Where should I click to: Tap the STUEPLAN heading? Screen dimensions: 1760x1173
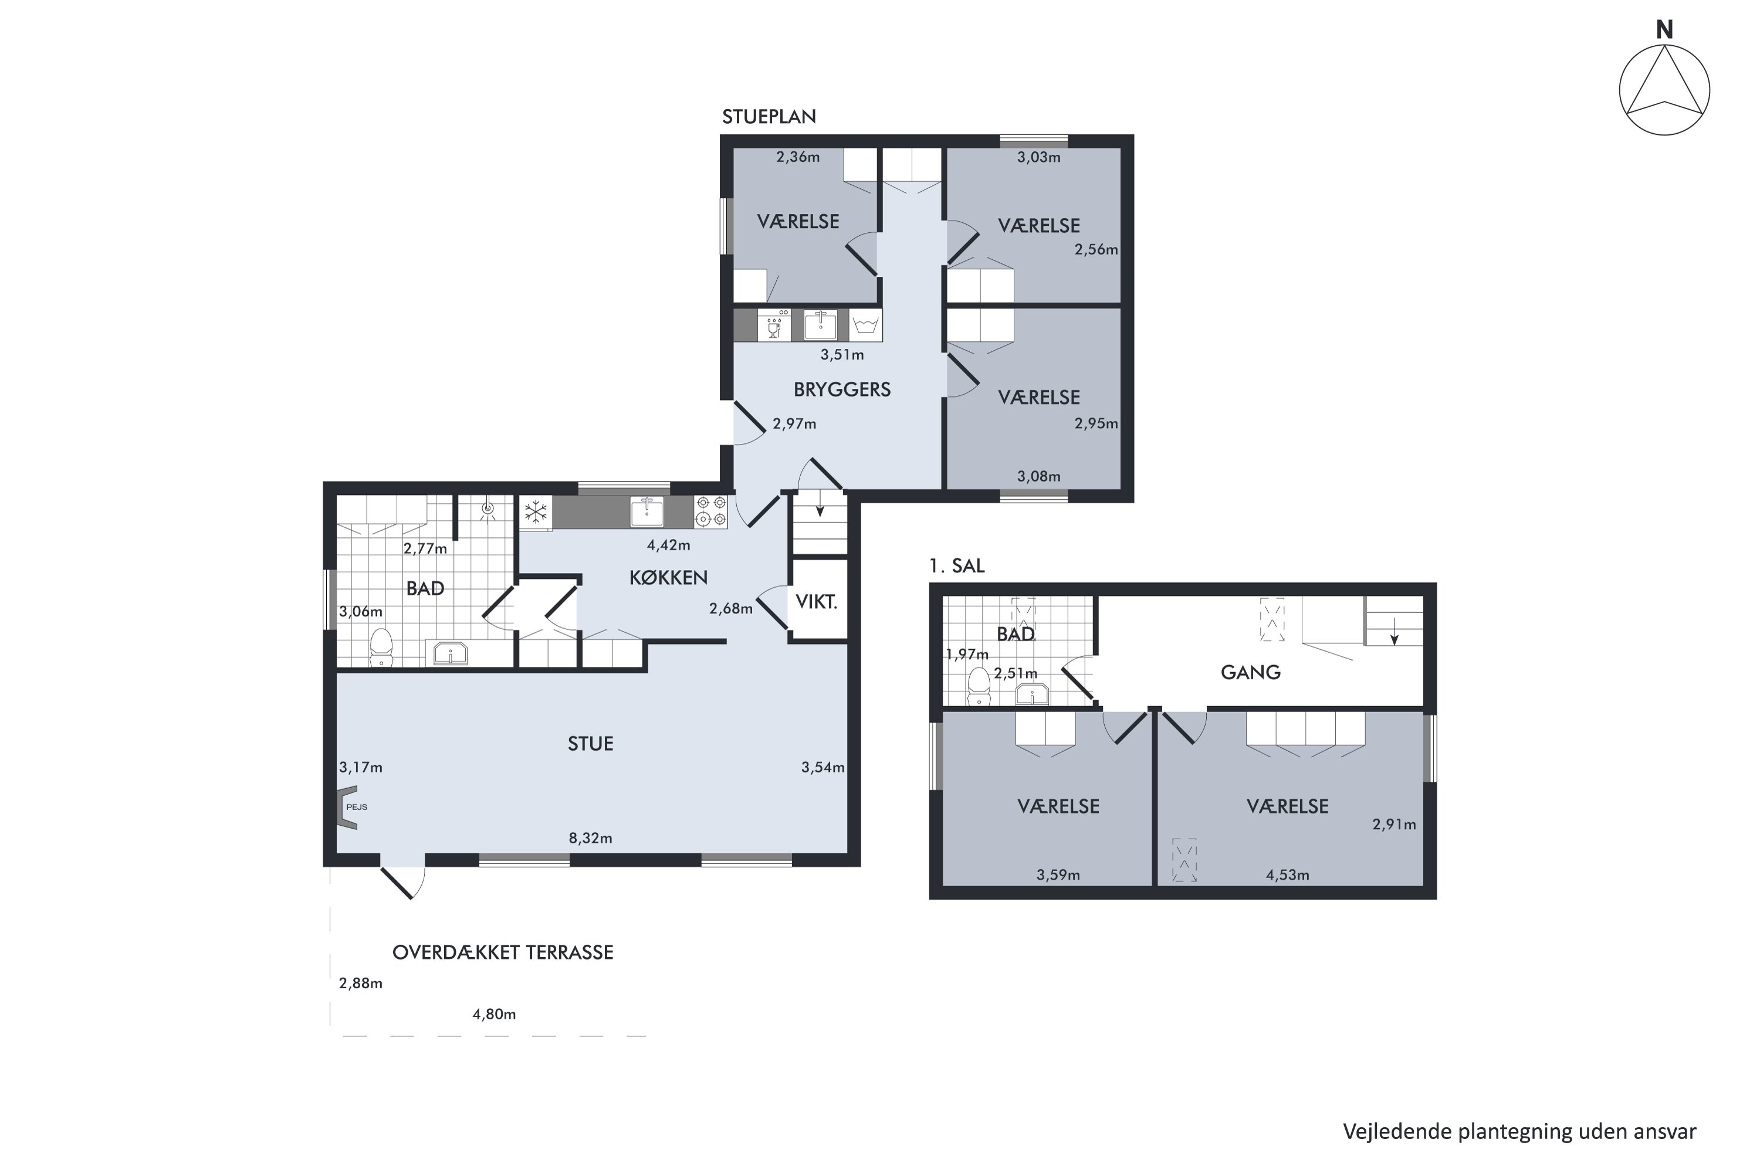(x=769, y=117)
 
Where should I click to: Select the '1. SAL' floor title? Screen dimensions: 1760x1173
(x=956, y=567)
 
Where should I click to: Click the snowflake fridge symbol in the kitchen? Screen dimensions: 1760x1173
(x=535, y=513)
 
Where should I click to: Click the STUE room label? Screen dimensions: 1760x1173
(x=590, y=744)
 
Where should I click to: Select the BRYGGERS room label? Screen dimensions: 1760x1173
(x=842, y=390)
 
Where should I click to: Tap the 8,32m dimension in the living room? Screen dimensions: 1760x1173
(x=590, y=839)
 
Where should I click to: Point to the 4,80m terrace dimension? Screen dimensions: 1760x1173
(x=494, y=1015)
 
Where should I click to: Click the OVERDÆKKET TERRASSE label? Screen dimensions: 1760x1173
(x=503, y=952)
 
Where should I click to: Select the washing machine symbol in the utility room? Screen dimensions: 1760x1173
(x=866, y=326)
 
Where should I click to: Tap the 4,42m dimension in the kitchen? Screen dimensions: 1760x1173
(x=668, y=545)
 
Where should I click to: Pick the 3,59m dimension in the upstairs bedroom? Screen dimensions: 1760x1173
(x=1058, y=875)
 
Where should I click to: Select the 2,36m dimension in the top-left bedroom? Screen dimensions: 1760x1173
(x=798, y=157)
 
